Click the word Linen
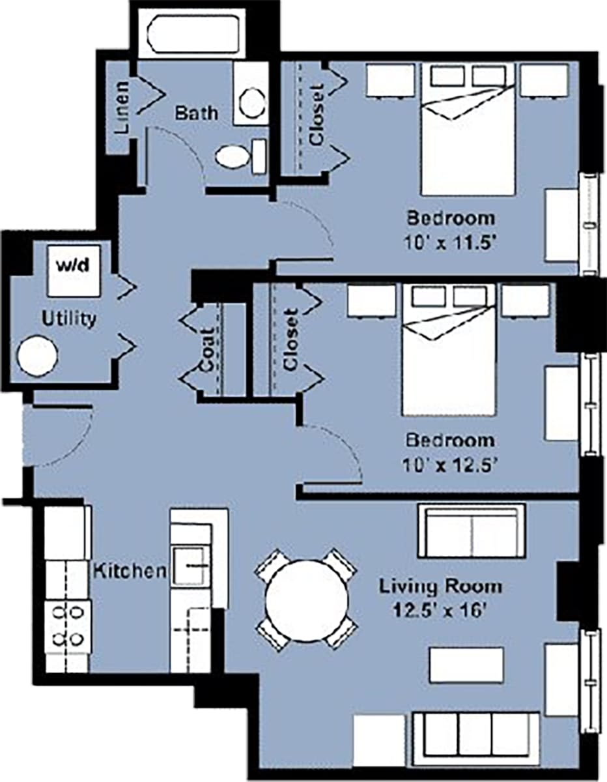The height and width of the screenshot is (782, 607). click(x=123, y=107)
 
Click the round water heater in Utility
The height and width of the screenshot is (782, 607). click(x=38, y=356)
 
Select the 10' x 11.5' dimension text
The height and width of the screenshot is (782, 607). click(x=450, y=245)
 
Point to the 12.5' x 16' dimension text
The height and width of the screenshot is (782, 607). click(x=441, y=612)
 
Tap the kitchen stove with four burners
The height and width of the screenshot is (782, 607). click(x=67, y=625)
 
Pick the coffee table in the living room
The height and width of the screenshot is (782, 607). click(x=466, y=665)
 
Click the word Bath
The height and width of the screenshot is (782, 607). click(x=196, y=112)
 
